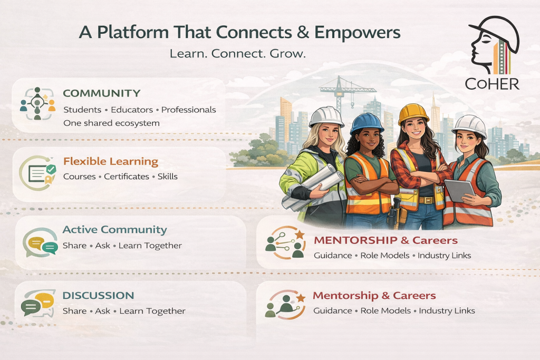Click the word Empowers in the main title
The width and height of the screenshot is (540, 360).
(x=358, y=33)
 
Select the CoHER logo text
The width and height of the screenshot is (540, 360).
(x=492, y=84)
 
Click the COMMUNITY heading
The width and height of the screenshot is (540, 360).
(x=102, y=93)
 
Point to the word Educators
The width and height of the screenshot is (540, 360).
(x=132, y=110)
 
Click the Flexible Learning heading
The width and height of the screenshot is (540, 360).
(x=111, y=161)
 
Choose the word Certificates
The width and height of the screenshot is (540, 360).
(x=127, y=177)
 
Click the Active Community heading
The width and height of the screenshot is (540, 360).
(x=114, y=230)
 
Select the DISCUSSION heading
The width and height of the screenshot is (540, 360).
(x=98, y=295)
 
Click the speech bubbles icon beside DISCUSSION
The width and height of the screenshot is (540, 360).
(x=38, y=304)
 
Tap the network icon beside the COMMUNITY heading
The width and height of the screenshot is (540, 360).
(x=37, y=103)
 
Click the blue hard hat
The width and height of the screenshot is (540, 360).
(x=367, y=123)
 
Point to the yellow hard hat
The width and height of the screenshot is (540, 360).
(x=413, y=113)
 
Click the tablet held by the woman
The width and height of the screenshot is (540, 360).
(x=459, y=190)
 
